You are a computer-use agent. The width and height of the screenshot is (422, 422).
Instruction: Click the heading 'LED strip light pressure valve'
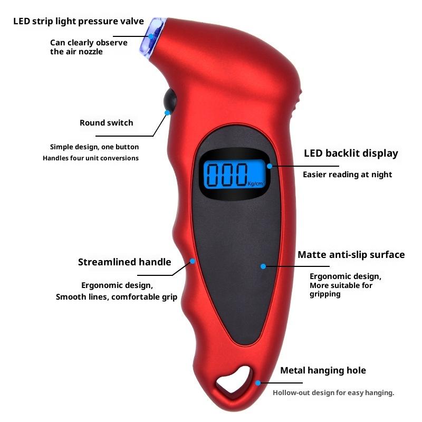coord(79,21)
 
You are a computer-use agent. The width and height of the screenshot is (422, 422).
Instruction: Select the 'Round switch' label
coord(107,123)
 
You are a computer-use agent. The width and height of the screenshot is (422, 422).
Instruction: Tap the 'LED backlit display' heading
coord(351,154)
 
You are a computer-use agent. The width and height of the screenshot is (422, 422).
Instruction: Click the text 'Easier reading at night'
coord(347,174)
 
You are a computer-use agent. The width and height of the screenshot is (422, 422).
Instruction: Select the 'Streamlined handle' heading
coord(124,262)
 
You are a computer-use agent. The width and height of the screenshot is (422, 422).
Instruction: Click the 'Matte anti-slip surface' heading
coord(351,255)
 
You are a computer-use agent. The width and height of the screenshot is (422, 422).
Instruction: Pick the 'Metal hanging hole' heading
coord(323,370)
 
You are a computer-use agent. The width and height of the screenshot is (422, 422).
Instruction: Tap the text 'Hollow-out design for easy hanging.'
coord(333,392)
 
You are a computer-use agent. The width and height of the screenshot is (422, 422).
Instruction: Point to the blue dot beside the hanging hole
coord(258,383)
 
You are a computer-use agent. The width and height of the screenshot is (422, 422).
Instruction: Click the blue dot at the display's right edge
coord(270,166)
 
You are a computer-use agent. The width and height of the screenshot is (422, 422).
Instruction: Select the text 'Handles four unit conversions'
coord(91,158)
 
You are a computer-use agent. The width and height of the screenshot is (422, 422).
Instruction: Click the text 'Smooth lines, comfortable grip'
coord(117,297)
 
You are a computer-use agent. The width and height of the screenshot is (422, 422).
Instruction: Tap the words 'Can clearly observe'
coord(89,42)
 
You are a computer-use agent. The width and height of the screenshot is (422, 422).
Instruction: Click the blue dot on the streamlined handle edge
coord(193,261)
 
